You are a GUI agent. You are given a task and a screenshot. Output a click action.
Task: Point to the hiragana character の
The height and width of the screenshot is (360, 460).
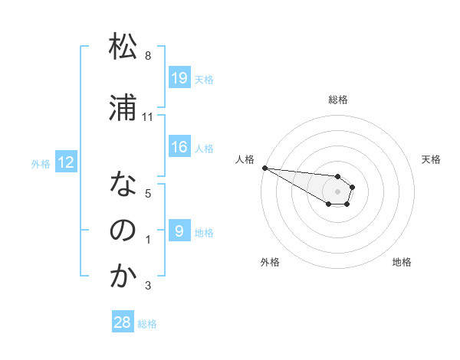(123, 231)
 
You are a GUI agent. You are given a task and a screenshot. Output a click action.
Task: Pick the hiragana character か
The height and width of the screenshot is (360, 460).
(123, 277)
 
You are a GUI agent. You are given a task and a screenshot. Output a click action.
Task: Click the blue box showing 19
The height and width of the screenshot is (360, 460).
(179, 78)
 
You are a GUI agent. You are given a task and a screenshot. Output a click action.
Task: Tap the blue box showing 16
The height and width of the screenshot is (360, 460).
(179, 147)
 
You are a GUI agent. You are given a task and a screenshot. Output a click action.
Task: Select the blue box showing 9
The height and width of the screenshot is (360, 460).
(179, 231)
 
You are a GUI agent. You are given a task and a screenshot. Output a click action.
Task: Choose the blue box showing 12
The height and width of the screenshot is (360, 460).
(65, 162)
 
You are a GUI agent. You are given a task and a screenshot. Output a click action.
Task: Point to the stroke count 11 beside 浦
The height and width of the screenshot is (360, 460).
(148, 117)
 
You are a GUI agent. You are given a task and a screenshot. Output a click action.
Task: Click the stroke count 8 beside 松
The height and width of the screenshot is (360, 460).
(148, 56)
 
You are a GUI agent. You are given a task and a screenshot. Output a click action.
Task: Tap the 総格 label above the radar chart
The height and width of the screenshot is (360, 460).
(338, 100)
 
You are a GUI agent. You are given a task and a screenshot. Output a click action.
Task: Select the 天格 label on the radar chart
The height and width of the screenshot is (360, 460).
(432, 159)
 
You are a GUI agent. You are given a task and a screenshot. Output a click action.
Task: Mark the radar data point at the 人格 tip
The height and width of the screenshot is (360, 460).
(264, 168)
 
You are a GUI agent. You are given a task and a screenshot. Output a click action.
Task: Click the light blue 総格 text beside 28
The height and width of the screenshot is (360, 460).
(147, 324)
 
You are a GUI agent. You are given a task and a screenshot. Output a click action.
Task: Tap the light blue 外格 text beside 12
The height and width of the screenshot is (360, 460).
(40, 163)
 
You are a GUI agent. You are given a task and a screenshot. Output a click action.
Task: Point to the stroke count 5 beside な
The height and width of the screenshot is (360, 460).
(148, 194)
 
